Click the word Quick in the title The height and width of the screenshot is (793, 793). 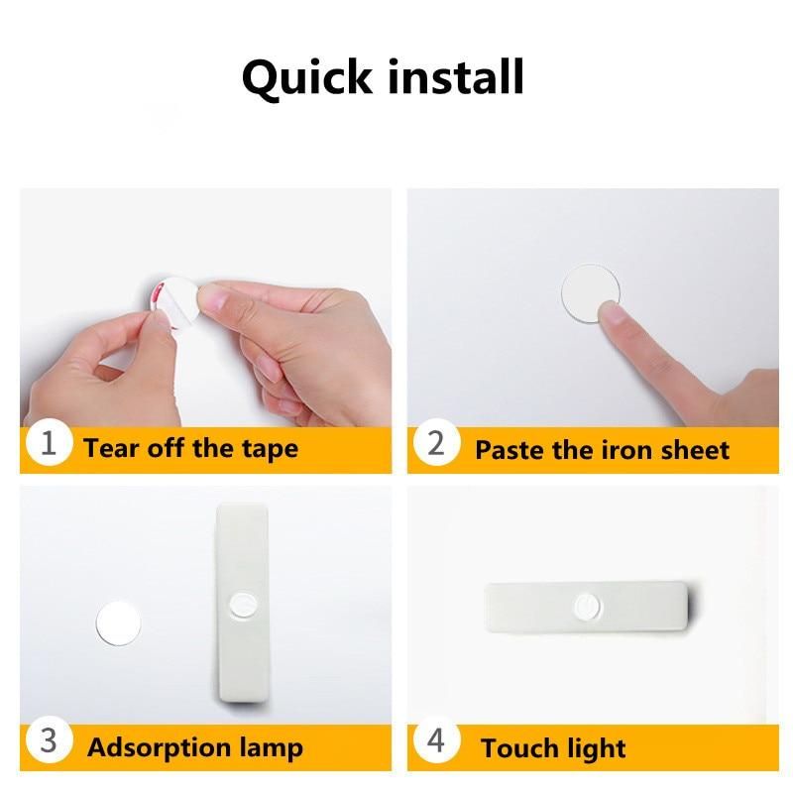[307, 78]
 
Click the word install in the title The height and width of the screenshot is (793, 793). [456, 76]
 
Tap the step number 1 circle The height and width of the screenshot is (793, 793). [49, 443]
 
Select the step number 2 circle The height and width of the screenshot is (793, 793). [436, 443]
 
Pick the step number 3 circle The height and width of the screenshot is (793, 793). [49, 740]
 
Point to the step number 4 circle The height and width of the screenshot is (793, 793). [436, 740]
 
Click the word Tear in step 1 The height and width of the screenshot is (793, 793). [112, 448]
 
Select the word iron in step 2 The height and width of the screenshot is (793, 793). [625, 449]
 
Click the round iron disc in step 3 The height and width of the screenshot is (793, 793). [118, 623]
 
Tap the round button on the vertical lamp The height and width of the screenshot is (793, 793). [242, 603]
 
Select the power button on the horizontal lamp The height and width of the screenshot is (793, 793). [588, 607]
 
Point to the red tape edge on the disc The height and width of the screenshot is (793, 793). [158, 293]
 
